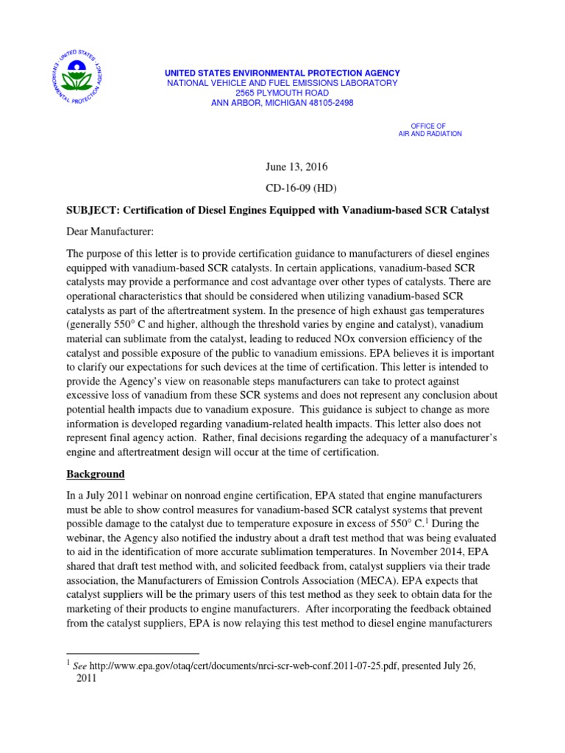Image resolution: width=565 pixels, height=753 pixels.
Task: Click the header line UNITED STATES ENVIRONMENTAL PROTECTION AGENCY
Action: pyautogui.click(x=282, y=73)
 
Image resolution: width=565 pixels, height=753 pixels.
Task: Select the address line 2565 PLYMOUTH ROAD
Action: pyautogui.click(x=282, y=93)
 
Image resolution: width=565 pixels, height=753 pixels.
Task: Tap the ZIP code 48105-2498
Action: pyautogui.click(x=328, y=104)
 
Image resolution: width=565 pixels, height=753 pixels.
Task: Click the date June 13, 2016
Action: pyautogui.click(x=281, y=168)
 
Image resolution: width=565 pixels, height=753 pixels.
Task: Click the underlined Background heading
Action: pyautogui.click(x=96, y=474)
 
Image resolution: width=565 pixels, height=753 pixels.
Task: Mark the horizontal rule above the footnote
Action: pyautogui.click(x=132, y=653)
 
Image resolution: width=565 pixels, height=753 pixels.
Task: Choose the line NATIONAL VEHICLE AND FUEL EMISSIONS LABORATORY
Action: pyautogui.click(x=282, y=83)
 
